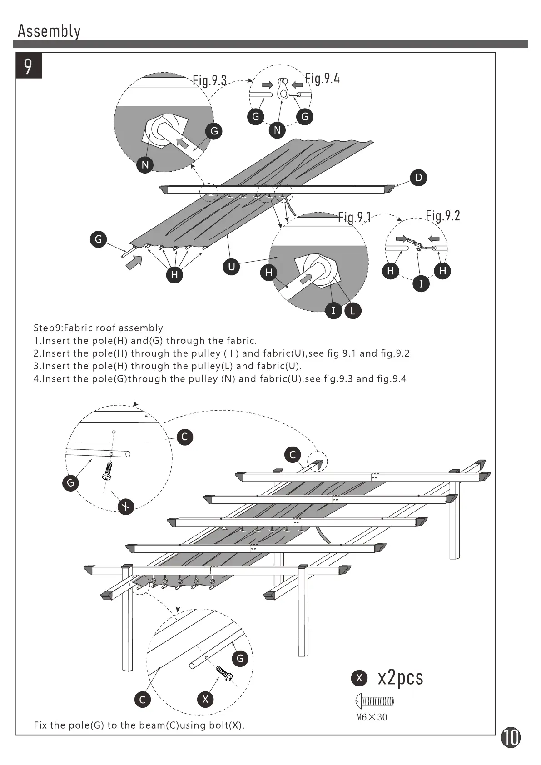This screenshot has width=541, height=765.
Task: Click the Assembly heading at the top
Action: click(x=49, y=31)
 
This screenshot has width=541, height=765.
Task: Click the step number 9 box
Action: click(x=29, y=66)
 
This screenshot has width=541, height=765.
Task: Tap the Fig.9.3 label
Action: click(x=209, y=80)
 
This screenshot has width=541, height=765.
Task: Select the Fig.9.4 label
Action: click(x=322, y=79)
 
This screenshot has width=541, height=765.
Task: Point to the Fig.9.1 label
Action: click(x=355, y=217)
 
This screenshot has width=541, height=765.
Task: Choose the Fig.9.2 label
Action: click(x=442, y=215)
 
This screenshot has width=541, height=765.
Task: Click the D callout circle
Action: click(x=418, y=178)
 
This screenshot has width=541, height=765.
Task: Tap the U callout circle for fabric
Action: click(x=232, y=267)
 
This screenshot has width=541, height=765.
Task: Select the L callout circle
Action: click(x=352, y=311)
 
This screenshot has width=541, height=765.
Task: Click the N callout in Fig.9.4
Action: click(x=277, y=130)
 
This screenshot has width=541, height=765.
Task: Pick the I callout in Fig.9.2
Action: click(x=421, y=284)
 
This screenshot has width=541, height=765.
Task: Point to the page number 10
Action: click(x=511, y=737)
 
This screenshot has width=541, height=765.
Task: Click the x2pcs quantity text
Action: click(x=400, y=678)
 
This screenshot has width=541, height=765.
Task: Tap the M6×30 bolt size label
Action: click(x=372, y=717)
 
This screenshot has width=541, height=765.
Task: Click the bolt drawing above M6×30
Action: click(x=374, y=701)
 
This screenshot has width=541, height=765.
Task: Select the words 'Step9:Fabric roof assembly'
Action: click(x=98, y=328)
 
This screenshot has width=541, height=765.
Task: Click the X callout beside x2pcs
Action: click(x=359, y=678)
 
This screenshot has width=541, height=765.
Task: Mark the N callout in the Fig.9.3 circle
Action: click(x=145, y=164)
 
